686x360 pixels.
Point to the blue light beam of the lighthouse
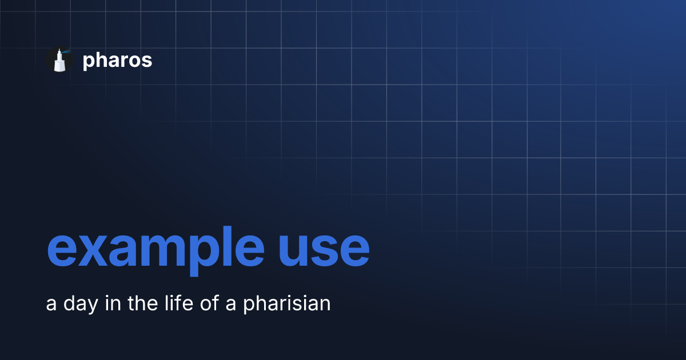[x=66, y=52]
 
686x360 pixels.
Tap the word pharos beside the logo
[x=117, y=60]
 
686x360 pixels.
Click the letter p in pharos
[x=88, y=61]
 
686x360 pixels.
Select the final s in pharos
[x=147, y=61]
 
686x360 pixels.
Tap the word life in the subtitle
[x=170, y=302]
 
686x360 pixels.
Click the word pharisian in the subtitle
[x=286, y=303]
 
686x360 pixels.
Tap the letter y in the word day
[x=87, y=305]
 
